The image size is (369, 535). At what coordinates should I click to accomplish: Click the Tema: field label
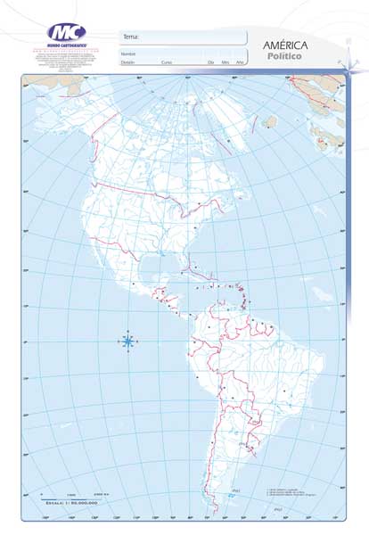point(131,37)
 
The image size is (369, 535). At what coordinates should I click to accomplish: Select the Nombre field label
point(128,53)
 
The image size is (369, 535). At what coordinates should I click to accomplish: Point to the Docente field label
point(128,62)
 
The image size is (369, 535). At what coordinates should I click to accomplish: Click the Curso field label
point(167,62)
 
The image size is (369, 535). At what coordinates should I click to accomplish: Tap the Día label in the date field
point(210,62)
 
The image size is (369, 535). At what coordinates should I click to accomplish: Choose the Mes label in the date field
point(225,62)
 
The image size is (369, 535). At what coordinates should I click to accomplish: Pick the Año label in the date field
point(240,62)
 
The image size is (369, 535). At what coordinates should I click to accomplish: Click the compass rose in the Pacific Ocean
point(128,341)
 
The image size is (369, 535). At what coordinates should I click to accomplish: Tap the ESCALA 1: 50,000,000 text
point(70,503)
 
